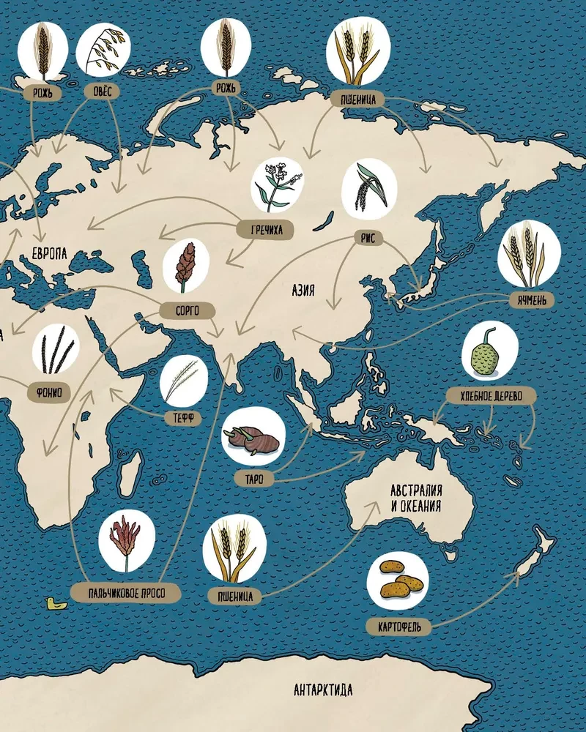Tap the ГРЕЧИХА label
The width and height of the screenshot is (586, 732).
tap(265, 230)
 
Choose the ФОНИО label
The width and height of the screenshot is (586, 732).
tap(48, 392)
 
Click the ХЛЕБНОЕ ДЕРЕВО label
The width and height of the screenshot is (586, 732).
tap(492, 396)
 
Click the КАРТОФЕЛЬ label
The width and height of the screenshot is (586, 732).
tap(400, 627)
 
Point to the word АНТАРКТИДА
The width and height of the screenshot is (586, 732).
tap(323, 690)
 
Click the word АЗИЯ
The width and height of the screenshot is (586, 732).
tap(303, 291)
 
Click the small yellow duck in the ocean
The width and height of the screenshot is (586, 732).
tap(53, 604)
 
